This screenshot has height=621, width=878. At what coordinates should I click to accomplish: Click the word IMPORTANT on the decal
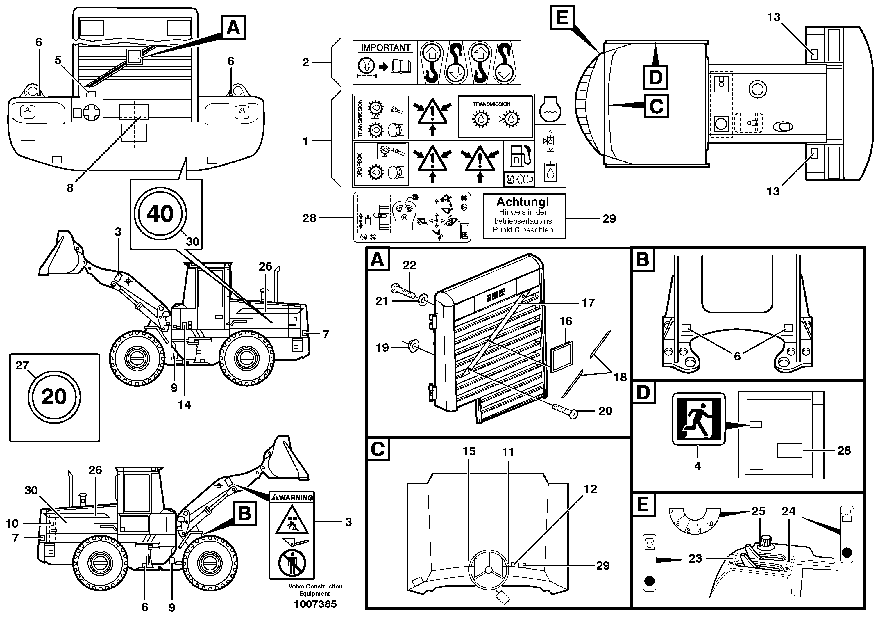[x=385, y=48]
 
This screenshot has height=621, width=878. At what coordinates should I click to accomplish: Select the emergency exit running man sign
[x=698, y=419]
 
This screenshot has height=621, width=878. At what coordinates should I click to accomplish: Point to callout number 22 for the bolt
[x=409, y=265]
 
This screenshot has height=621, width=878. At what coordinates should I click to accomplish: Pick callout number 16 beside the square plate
[x=566, y=321]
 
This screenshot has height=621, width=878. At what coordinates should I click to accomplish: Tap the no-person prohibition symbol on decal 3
[x=292, y=562]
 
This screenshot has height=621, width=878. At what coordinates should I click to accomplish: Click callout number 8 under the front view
[x=70, y=188]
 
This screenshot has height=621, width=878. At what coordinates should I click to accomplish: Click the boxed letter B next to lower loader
[x=244, y=513]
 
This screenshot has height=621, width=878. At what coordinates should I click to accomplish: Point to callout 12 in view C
[x=590, y=489]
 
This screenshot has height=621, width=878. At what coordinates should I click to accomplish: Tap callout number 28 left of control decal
[x=309, y=218]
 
